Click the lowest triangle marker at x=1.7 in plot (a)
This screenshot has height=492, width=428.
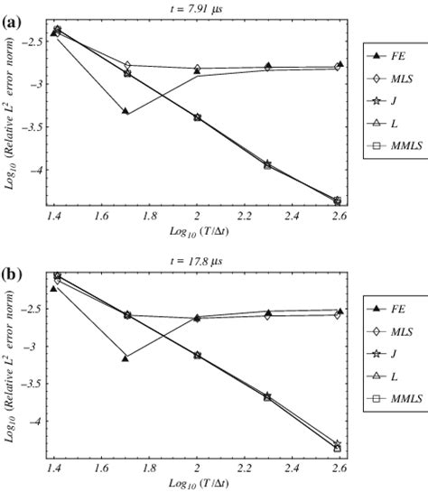126,112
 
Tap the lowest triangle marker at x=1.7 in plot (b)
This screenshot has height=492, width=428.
126,358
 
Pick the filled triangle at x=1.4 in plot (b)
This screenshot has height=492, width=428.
53,289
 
